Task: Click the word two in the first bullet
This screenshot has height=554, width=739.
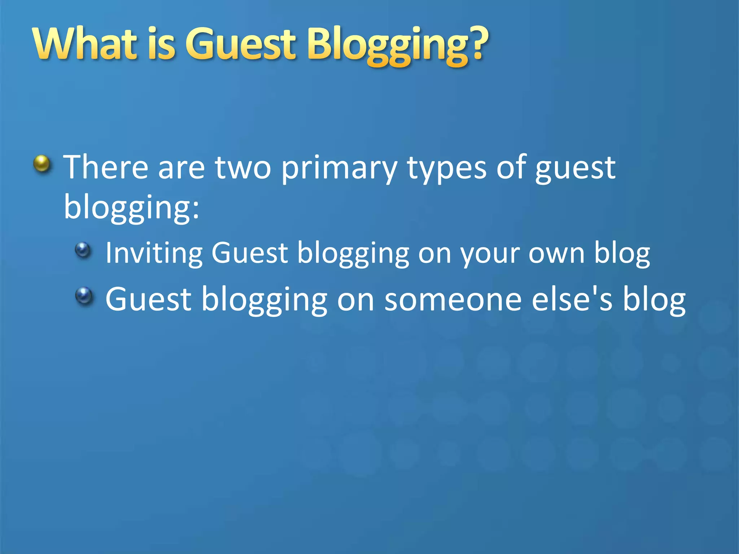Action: point(243,167)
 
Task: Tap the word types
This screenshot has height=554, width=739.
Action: point(447,170)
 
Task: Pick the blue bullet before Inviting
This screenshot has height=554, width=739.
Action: point(83,250)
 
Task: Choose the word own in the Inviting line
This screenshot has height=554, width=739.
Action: point(556,254)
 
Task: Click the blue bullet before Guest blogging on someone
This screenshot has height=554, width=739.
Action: point(84,296)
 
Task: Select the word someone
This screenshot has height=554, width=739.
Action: point(453,299)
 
